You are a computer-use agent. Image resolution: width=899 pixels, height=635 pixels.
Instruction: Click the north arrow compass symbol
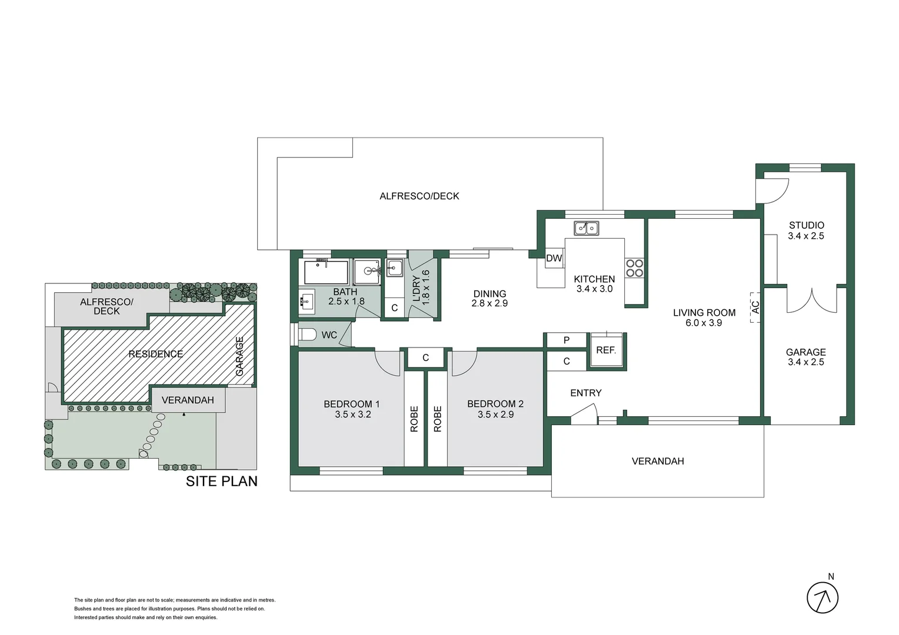tap(822, 598)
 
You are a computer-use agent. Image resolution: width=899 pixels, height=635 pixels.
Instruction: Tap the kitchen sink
tap(586, 228)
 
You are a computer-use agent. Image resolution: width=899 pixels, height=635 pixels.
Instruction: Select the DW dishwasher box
tap(554, 258)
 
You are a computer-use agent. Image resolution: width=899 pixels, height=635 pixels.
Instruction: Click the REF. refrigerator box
tap(606, 350)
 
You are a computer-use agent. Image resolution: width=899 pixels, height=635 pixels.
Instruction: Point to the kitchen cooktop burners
tap(634, 268)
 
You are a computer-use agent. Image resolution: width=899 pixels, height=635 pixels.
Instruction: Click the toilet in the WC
tap(308, 335)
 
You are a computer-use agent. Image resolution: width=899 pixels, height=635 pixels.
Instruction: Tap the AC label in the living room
tap(755, 307)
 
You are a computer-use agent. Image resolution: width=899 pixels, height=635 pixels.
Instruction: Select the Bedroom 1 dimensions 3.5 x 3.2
tap(353, 415)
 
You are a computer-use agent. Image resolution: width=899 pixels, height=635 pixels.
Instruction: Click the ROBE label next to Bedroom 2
tap(437, 419)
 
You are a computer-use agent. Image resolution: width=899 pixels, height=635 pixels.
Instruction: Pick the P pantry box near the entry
tap(566, 340)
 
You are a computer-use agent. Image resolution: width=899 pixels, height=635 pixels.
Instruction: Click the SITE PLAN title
tap(222, 482)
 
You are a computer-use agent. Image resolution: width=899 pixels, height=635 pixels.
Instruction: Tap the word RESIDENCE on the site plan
tap(156, 354)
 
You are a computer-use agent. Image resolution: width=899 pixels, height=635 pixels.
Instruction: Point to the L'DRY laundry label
tap(417, 288)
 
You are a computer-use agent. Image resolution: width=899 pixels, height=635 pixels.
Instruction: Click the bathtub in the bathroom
tap(326, 272)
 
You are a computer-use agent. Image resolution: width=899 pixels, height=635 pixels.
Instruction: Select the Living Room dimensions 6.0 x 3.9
tap(704, 323)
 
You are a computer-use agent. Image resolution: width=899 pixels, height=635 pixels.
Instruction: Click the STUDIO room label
tap(806, 225)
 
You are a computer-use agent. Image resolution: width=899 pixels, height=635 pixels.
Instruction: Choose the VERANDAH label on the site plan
tap(188, 400)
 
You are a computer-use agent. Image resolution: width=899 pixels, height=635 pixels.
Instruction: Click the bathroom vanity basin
tap(306, 302)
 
